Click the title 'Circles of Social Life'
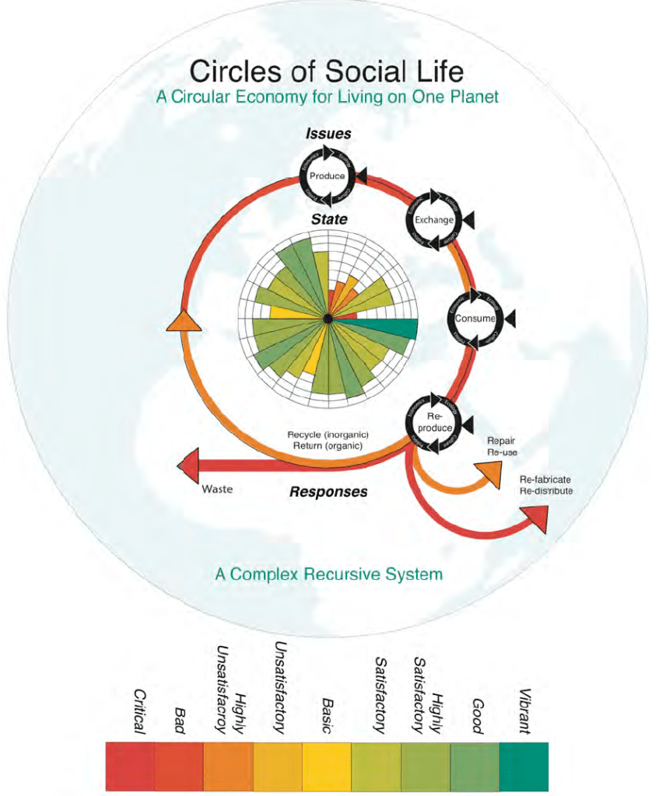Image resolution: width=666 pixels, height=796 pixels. (x=327, y=72)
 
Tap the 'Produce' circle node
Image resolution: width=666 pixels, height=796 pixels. (x=327, y=176)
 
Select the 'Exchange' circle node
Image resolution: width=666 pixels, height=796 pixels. (x=433, y=221)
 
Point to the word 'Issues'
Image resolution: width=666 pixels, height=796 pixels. (x=327, y=134)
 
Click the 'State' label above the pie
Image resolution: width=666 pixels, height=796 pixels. (x=329, y=220)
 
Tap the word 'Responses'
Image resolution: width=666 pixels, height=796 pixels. (x=328, y=491)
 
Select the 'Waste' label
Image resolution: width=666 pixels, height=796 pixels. (x=217, y=490)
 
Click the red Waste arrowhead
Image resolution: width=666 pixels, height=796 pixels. (x=189, y=466)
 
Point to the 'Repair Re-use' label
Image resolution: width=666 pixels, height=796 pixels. (x=502, y=446)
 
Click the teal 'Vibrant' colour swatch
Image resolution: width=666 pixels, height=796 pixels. (x=523, y=766)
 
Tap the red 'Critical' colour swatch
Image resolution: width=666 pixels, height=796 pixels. (x=130, y=766)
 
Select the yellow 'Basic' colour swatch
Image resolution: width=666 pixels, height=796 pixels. (x=327, y=766)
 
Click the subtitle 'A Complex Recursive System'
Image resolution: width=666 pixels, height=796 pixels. (x=328, y=574)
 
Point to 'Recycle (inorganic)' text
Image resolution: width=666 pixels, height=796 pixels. (x=328, y=435)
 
